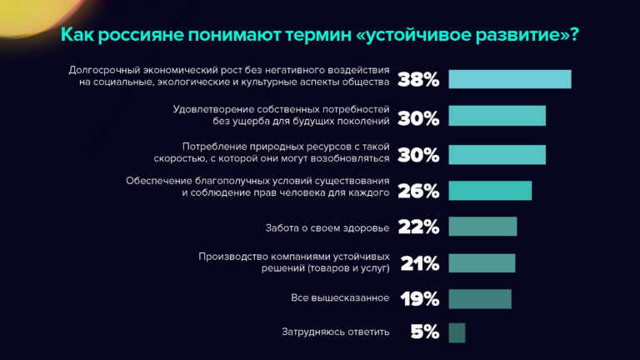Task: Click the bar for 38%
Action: coord(509,79)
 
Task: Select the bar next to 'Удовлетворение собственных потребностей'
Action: coord(497,116)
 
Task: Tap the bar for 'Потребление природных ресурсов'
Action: coord(497,155)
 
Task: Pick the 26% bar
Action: coord(490,191)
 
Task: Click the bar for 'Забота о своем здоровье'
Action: coord(482,227)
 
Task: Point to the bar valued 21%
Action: coord(482,263)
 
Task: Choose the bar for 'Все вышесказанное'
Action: coord(479,299)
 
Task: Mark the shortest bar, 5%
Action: coord(457,332)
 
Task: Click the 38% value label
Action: coord(418,80)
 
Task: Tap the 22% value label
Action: coord(418,227)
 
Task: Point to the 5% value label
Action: coord(424,332)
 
